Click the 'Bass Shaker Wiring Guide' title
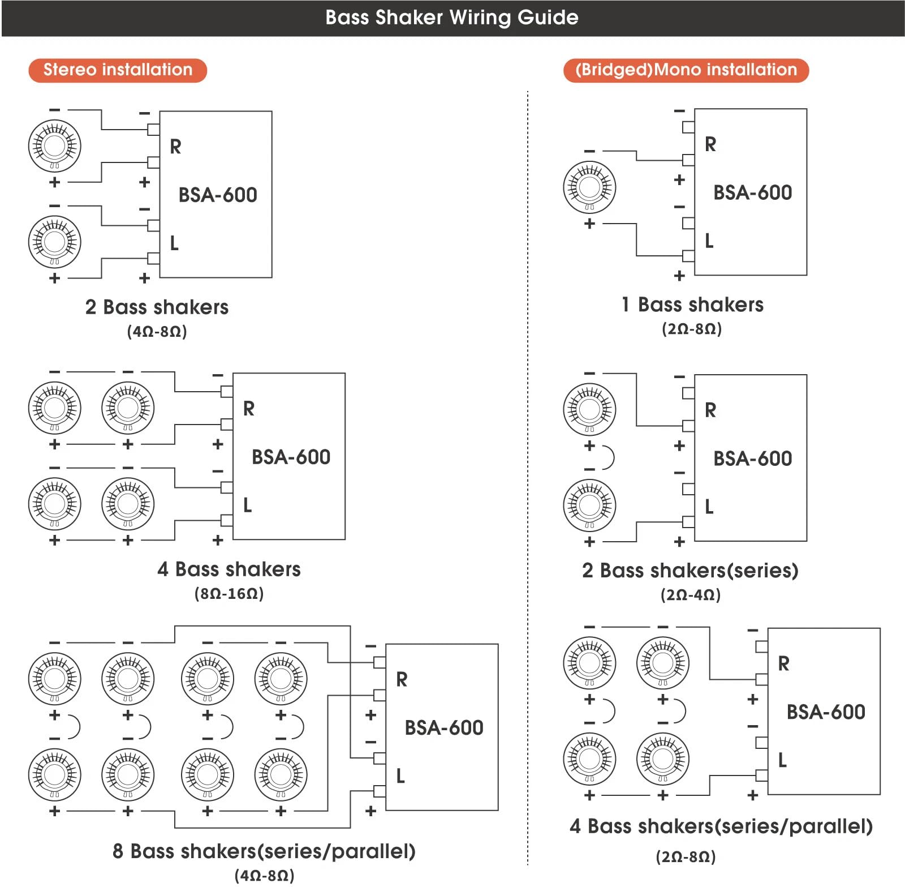pos(451,18)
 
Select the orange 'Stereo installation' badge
pos(118,70)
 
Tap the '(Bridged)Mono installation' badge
pos(686,70)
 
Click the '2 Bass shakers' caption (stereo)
pos(157,307)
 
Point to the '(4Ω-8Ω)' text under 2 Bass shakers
pos(157,331)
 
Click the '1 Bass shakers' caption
pos(692,305)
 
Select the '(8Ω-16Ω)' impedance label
pos(229,593)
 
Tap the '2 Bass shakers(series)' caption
pos(690,571)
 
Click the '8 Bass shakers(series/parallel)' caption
pos(264,851)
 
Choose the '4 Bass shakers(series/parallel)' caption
pos(721,826)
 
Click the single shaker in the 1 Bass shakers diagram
pos(589,187)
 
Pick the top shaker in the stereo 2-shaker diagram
pos(54,145)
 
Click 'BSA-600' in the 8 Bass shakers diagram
pos(444,727)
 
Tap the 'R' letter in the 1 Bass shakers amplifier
pos(710,144)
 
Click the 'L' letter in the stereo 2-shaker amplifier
pos(174,243)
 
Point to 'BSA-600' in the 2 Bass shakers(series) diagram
pos(752,459)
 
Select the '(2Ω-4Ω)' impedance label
pos(690,595)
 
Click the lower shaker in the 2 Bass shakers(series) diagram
pos(589,505)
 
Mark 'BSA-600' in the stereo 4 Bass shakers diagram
pos(291,457)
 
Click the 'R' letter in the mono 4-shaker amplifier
pos(783,663)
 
